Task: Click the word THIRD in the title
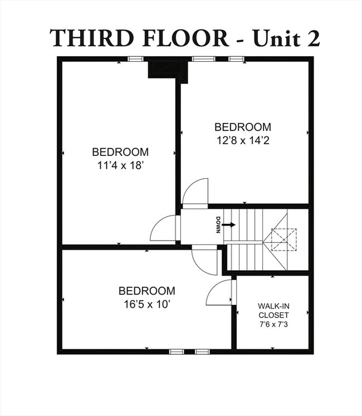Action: pyautogui.click(x=89, y=37)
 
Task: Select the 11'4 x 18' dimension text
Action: pyautogui.click(x=120, y=165)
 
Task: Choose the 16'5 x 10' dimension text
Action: pyautogui.click(x=146, y=304)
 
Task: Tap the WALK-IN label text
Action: pyautogui.click(x=273, y=306)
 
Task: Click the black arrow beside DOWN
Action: pyautogui.click(x=229, y=224)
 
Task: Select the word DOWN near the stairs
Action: pyautogui.click(x=219, y=224)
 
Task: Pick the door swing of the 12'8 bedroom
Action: pyautogui.click(x=195, y=193)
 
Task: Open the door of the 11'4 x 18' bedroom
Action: pyautogui.click(x=164, y=228)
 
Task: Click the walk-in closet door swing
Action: pyautogui.click(x=220, y=293)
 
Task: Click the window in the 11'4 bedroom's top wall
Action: pyautogui.click(x=136, y=58)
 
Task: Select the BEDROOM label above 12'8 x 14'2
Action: pyautogui.click(x=243, y=126)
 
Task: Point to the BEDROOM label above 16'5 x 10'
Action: pyautogui.click(x=146, y=291)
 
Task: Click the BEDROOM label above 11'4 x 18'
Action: pyautogui.click(x=120, y=151)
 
